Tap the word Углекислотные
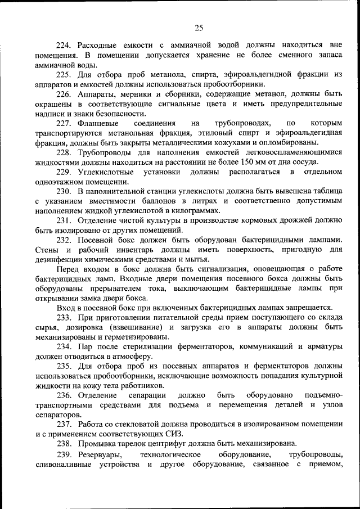106,172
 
